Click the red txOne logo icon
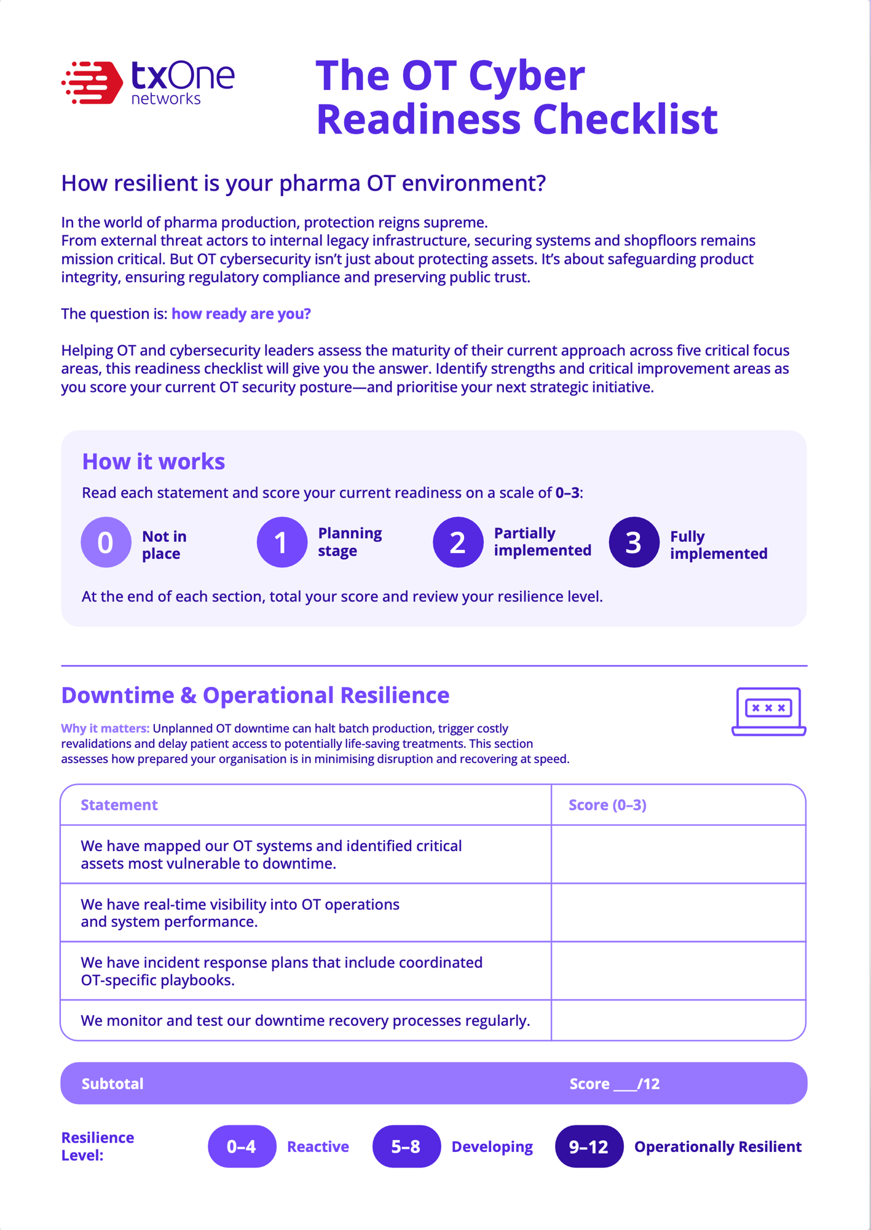click(92, 82)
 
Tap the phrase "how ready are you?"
click(241, 314)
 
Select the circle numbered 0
click(106, 542)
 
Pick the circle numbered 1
click(282, 542)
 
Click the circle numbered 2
click(458, 542)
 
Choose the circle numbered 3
click(634, 542)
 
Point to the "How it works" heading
click(154, 461)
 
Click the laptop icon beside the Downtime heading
click(768, 711)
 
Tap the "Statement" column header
click(119, 805)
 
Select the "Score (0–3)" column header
click(607, 805)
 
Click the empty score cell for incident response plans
click(678, 971)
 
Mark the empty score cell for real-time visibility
click(678, 913)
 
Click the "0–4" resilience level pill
click(242, 1146)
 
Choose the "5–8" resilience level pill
click(406, 1146)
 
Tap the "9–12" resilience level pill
click(589, 1146)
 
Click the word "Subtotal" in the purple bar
click(112, 1084)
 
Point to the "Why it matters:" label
click(105, 729)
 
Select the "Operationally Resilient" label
click(717, 1147)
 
